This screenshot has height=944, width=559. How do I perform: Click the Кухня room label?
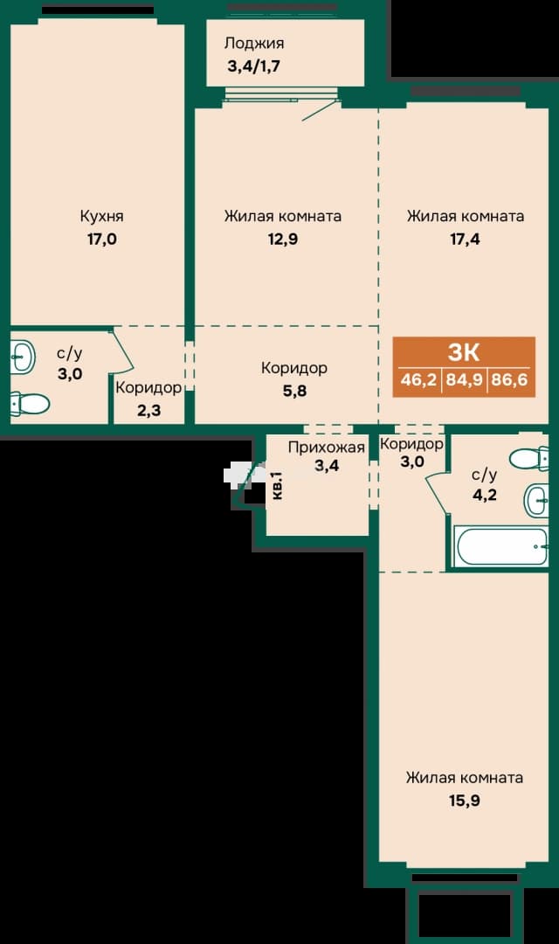[101, 216]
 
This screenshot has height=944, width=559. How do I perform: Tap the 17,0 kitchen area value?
[101, 239]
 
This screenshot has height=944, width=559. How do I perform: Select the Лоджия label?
[254, 44]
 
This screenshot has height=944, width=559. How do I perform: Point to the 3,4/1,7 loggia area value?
[253, 66]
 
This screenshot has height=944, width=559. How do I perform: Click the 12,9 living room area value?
[283, 239]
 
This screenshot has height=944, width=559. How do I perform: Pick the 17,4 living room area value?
[466, 239]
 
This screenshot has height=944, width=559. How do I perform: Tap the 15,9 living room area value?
[465, 802]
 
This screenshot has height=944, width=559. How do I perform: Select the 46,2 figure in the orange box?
[418, 380]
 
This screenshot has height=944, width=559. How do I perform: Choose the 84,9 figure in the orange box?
[464, 380]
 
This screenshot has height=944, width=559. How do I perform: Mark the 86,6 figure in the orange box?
[509, 380]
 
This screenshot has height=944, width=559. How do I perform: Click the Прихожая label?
[326, 448]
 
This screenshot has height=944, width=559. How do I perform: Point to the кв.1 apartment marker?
[278, 485]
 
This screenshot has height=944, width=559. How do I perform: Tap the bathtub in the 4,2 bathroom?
[500, 546]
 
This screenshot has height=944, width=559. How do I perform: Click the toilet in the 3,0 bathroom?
[30, 403]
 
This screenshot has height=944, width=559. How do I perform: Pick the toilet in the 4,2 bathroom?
[528, 460]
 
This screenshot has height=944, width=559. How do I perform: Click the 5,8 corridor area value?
[294, 392]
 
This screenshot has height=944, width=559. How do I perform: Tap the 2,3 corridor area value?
[148, 412]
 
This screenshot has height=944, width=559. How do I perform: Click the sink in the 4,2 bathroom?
[536, 500]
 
